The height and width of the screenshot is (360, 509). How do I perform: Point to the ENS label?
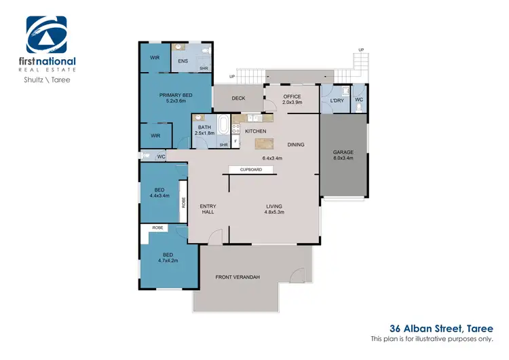[x=183, y=61]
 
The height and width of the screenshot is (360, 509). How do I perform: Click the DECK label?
[x=238, y=98]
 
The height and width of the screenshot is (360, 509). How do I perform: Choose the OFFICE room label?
[x=292, y=97]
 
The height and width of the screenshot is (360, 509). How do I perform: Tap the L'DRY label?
[x=337, y=101]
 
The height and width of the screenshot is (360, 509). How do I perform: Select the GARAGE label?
[x=343, y=152]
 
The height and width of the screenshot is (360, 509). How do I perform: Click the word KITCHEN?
[x=255, y=131]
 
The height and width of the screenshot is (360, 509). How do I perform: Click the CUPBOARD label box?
[x=251, y=170]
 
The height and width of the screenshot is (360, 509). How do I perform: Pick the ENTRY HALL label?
[x=208, y=209]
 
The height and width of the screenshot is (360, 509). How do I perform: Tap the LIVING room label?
[x=274, y=206]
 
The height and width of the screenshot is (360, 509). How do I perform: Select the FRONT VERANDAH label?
[x=238, y=277]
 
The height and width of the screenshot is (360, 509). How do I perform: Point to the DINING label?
[x=296, y=145]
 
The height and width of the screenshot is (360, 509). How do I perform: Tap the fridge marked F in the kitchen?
[x=235, y=141]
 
